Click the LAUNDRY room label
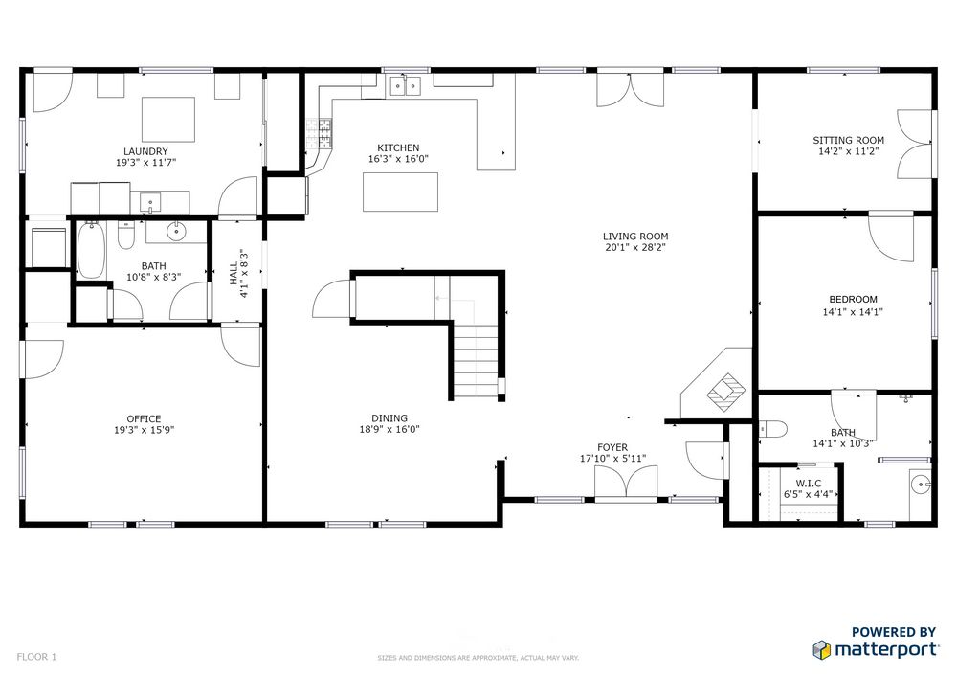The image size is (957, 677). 145,151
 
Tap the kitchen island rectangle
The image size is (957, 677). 400,192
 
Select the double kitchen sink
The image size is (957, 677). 406,86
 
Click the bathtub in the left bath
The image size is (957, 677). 92,250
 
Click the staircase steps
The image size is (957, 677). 476,361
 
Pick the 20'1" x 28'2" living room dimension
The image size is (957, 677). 635,248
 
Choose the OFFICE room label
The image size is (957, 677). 145,418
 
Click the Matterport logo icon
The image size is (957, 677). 821,649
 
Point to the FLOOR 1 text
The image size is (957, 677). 36,657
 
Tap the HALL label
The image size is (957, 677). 234,273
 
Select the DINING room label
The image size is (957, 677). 389,418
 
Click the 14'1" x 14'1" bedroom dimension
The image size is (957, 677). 853,312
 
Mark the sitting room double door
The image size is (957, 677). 914,144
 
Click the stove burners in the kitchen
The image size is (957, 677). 320,134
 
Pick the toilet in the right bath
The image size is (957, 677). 772,430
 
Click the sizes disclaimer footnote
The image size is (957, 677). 478,658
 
